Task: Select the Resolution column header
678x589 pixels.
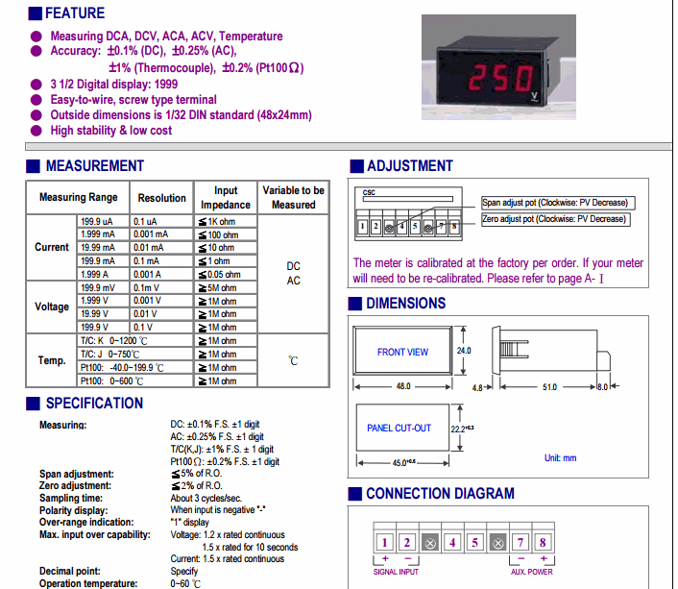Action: (x=161, y=198)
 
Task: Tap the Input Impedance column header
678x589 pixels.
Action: (x=226, y=198)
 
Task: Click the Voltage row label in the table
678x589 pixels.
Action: (x=52, y=307)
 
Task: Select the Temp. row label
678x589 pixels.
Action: (x=52, y=360)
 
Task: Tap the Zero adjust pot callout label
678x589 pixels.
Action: (x=556, y=219)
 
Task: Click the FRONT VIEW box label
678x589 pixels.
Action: (x=402, y=352)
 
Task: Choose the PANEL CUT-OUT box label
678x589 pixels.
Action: (x=400, y=428)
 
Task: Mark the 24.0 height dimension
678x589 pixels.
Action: (x=464, y=351)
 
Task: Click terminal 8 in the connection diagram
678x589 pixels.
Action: (x=542, y=543)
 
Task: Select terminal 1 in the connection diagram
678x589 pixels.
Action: (x=383, y=543)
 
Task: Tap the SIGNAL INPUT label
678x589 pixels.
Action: (x=397, y=572)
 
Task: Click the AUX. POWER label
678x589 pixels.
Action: (x=531, y=572)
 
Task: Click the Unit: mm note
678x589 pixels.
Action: (x=560, y=457)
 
